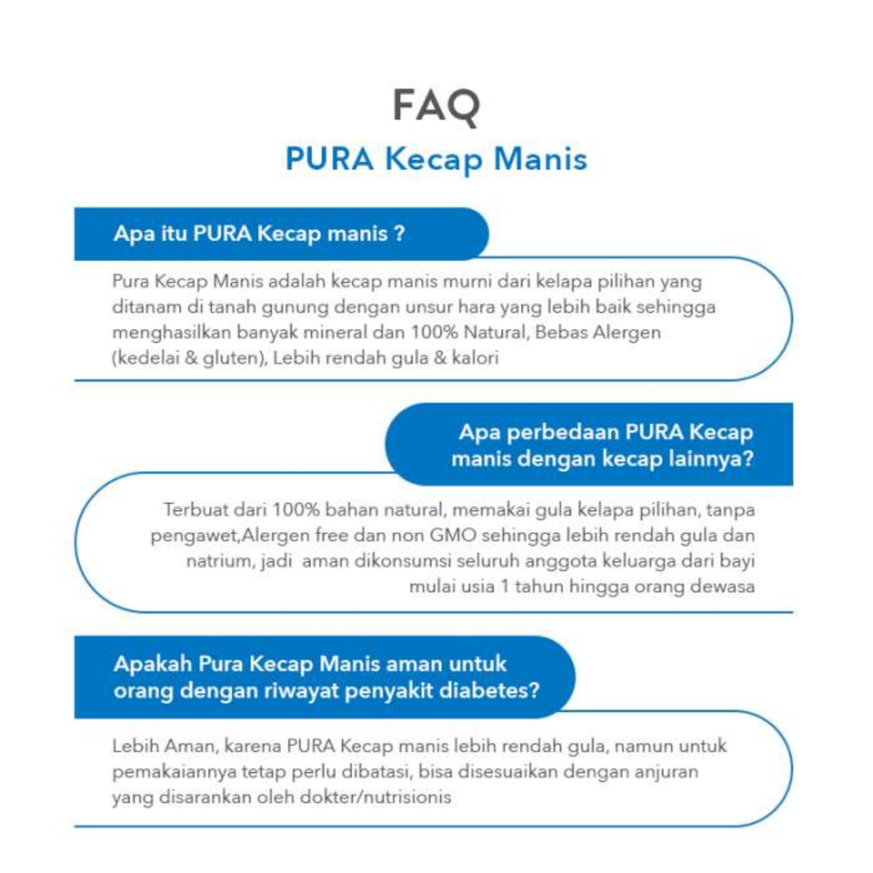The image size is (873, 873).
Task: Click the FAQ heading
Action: [x=436, y=106]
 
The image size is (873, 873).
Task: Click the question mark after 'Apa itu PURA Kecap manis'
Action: [x=399, y=234]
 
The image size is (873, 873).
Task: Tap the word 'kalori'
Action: [x=473, y=359]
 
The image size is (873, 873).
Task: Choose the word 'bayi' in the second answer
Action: [x=737, y=562]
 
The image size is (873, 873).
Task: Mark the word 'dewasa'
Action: [x=727, y=587]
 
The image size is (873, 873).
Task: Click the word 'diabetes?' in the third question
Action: [x=496, y=689]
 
